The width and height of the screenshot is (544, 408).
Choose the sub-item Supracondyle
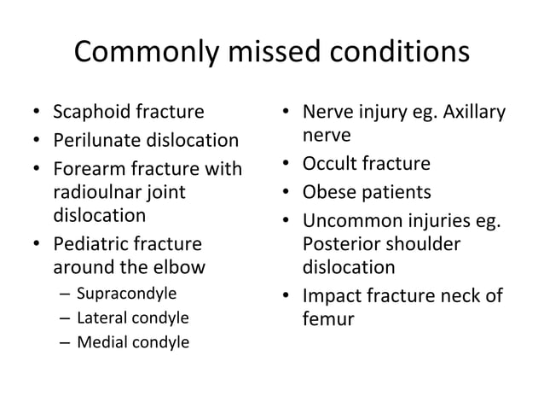[x=126, y=294]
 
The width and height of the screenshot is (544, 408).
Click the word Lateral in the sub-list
[x=101, y=318]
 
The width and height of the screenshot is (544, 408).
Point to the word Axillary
[x=473, y=112]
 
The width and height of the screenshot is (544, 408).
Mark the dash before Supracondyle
[x=65, y=294]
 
